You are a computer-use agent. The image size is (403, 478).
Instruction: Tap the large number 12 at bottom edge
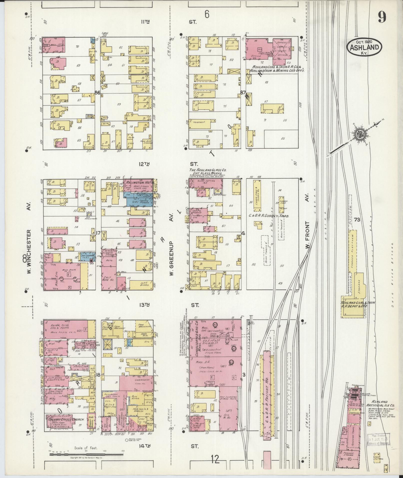click(215, 459)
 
